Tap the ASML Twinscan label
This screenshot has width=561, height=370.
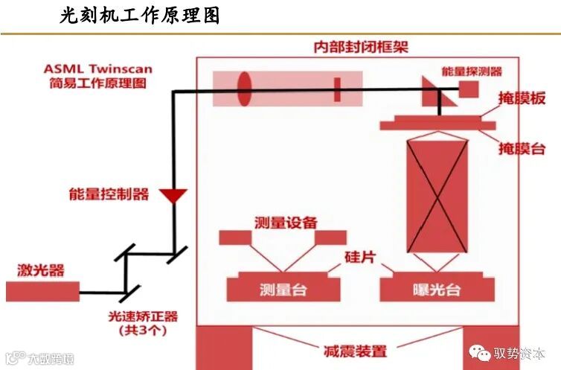(97, 68)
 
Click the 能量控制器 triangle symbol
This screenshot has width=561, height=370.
(175, 197)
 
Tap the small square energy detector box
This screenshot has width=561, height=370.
(469, 89)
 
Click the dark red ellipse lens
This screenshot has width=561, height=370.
(244, 89)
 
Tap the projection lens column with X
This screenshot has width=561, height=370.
(437, 195)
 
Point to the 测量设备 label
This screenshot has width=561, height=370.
(286, 223)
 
